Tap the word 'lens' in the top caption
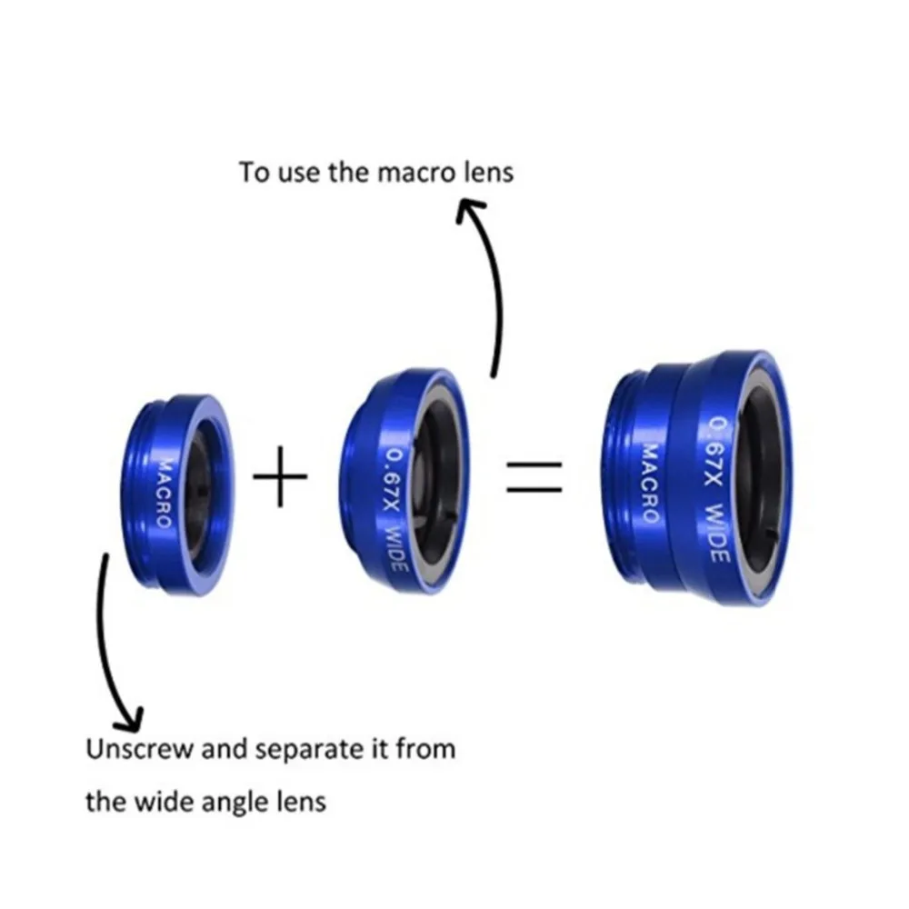click(x=489, y=172)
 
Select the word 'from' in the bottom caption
click(x=428, y=751)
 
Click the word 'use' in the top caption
click(x=297, y=173)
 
